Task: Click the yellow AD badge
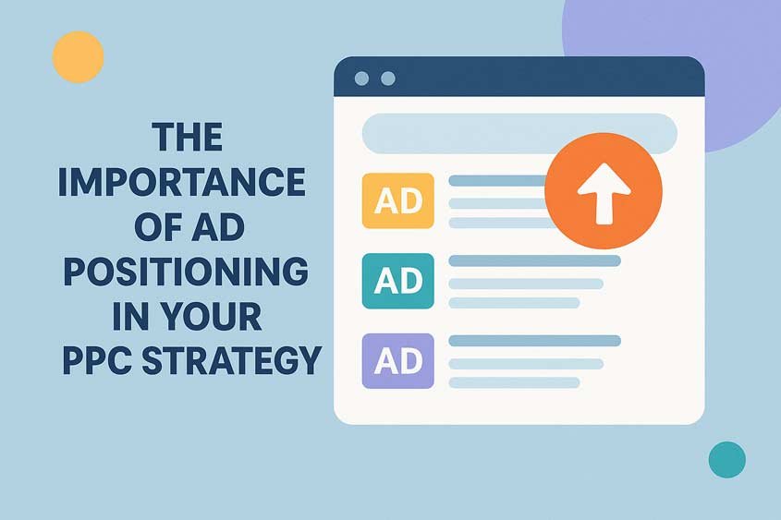point(398,200)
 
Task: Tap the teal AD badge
point(398,281)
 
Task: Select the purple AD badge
point(398,360)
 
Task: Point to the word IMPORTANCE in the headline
point(181,183)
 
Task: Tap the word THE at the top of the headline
point(188,139)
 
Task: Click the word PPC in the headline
point(97,360)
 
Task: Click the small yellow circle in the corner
point(79,56)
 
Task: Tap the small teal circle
point(726,459)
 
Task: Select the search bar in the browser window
point(519,133)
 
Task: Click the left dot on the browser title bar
point(362,79)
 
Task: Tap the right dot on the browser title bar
point(387,79)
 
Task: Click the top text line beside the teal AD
point(534,261)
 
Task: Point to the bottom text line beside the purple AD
point(514,381)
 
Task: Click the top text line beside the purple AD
point(534,341)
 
